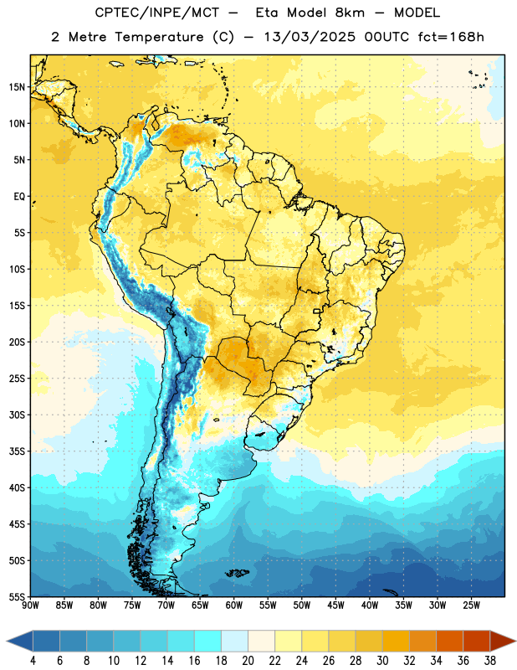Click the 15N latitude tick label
tap(17, 87)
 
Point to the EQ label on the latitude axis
tap(19, 197)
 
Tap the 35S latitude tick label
tap(17, 451)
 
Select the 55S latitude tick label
tap(17, 597)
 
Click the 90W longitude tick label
tap(30, 606)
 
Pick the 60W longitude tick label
tap(234, 606)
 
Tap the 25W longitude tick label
tap(471, 606)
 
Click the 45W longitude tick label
tap(335, 606)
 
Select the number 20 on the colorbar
tap(248, 661)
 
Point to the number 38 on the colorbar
tap(489, 661)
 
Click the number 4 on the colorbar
tap(33, 661)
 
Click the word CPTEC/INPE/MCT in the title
tap(157, 13)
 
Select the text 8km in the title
tap(350, 13)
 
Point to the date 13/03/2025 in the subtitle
tap(309, 37)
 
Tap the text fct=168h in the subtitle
tap(451, 37)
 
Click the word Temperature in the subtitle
tap(159, 38)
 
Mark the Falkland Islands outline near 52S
tap(238, 573)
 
